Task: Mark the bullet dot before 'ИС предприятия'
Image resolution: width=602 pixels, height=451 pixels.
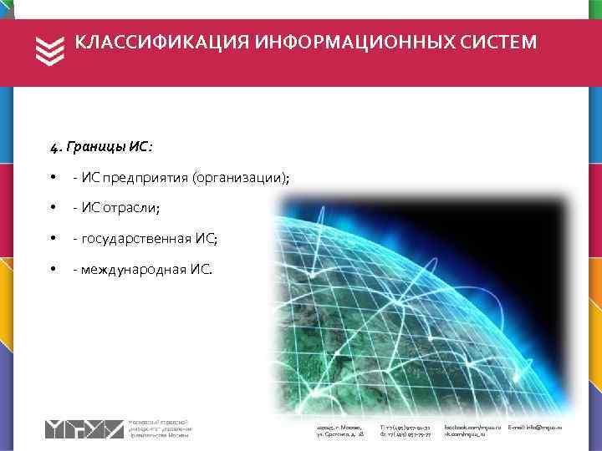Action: (x=53, y=178)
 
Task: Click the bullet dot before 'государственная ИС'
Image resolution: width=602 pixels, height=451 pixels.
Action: (x=53, y=239)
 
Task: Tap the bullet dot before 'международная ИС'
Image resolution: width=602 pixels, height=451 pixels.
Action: (x=53, y=269)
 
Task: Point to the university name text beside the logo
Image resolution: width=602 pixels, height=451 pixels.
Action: (x=161, y=428)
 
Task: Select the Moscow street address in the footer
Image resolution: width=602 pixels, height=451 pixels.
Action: (x=339, y=431)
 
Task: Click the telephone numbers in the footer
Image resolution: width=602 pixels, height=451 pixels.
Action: (x=406, y=431)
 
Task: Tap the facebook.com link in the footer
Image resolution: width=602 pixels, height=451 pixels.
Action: (x=473, y=427)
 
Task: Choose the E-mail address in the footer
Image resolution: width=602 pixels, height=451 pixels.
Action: (x=535, y=427)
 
